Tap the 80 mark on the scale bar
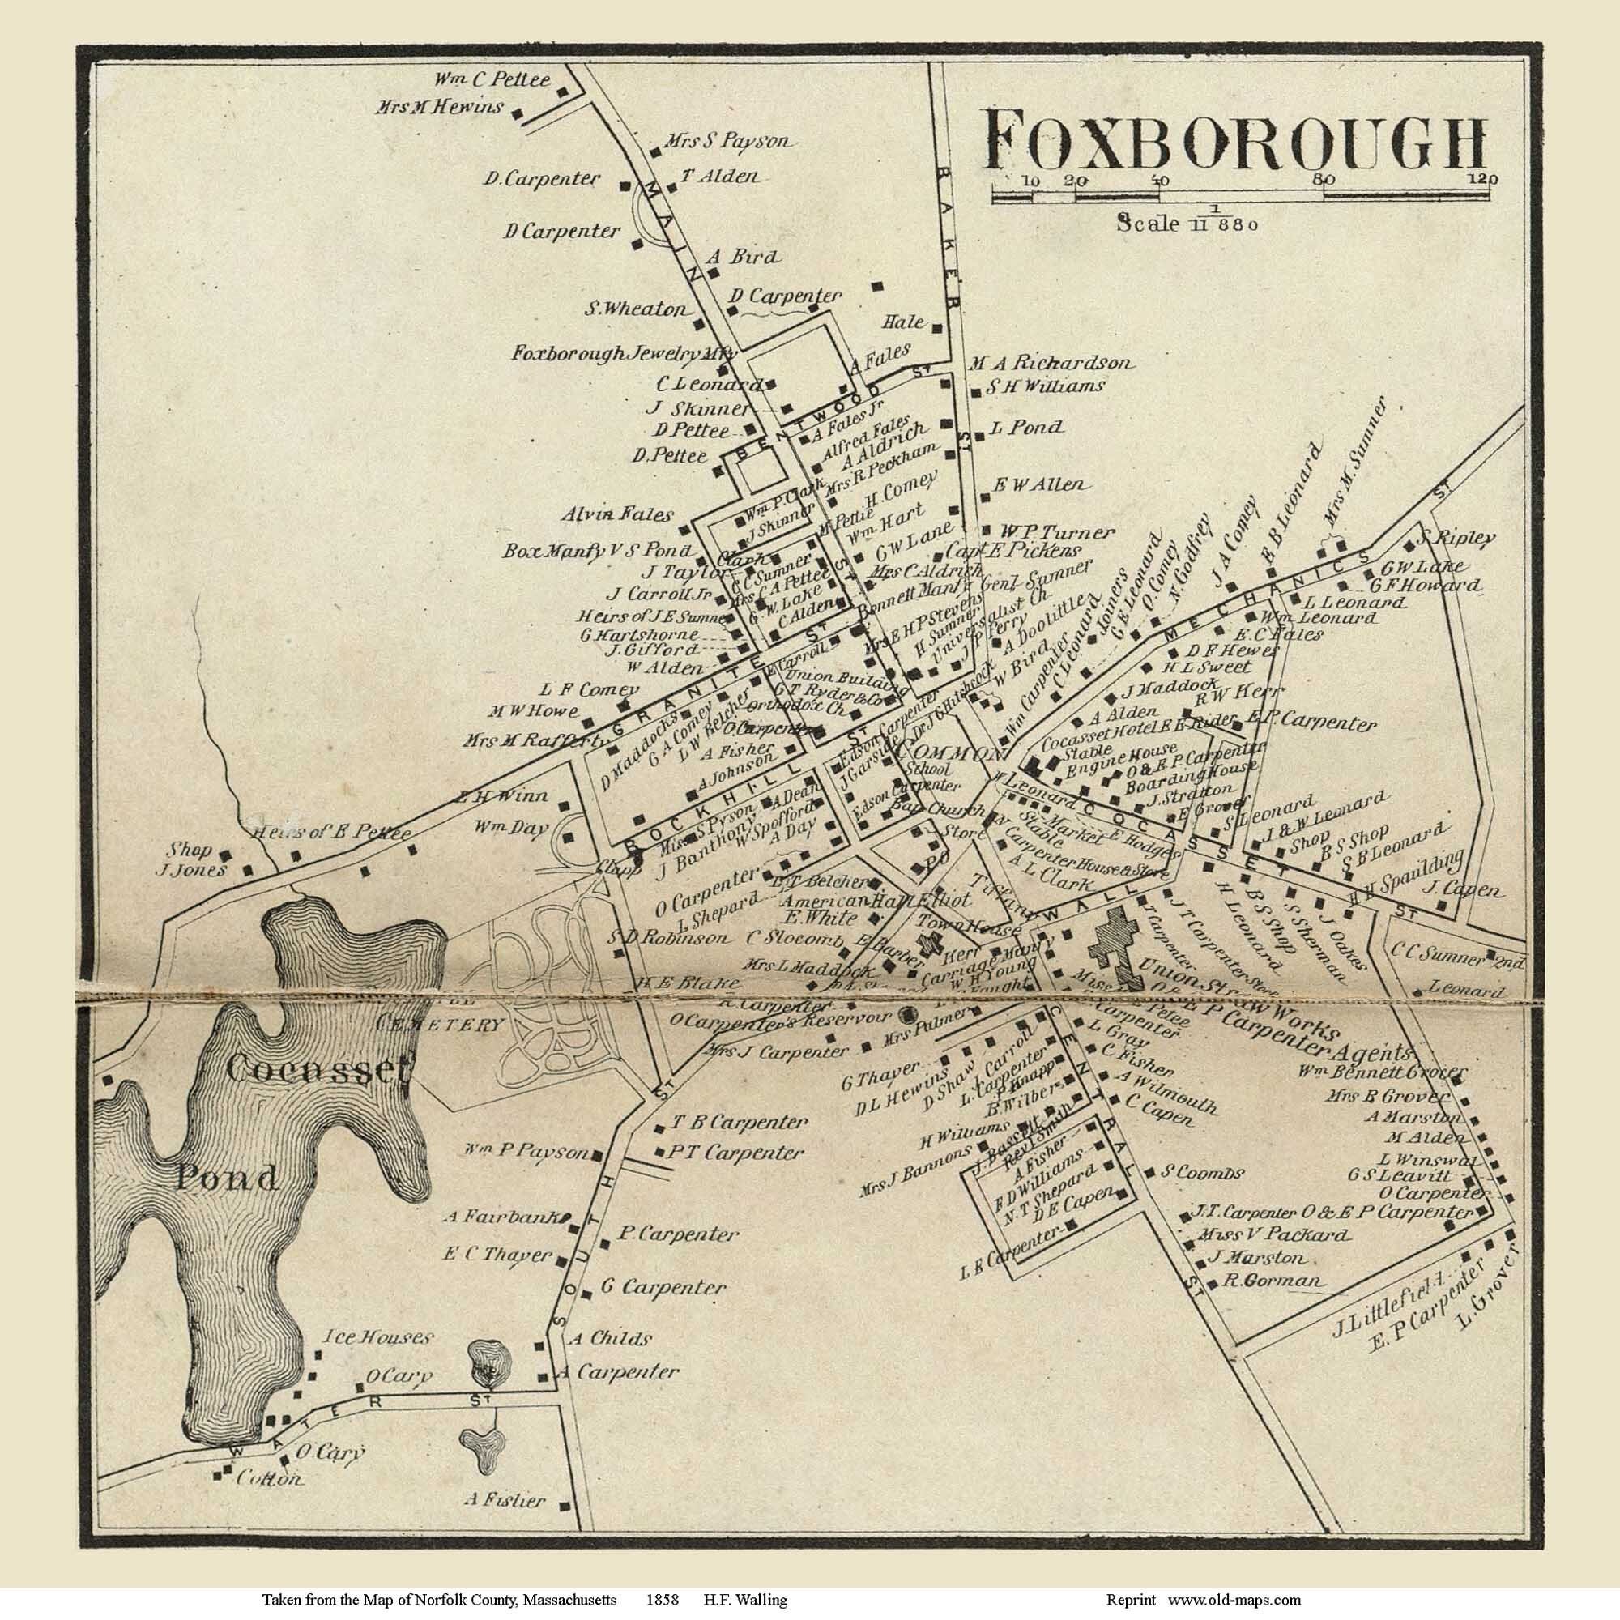coord(1325,181)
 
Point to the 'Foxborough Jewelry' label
coord(619,354)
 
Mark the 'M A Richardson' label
coord(1051,364)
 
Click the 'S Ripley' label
coord(1457,538)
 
